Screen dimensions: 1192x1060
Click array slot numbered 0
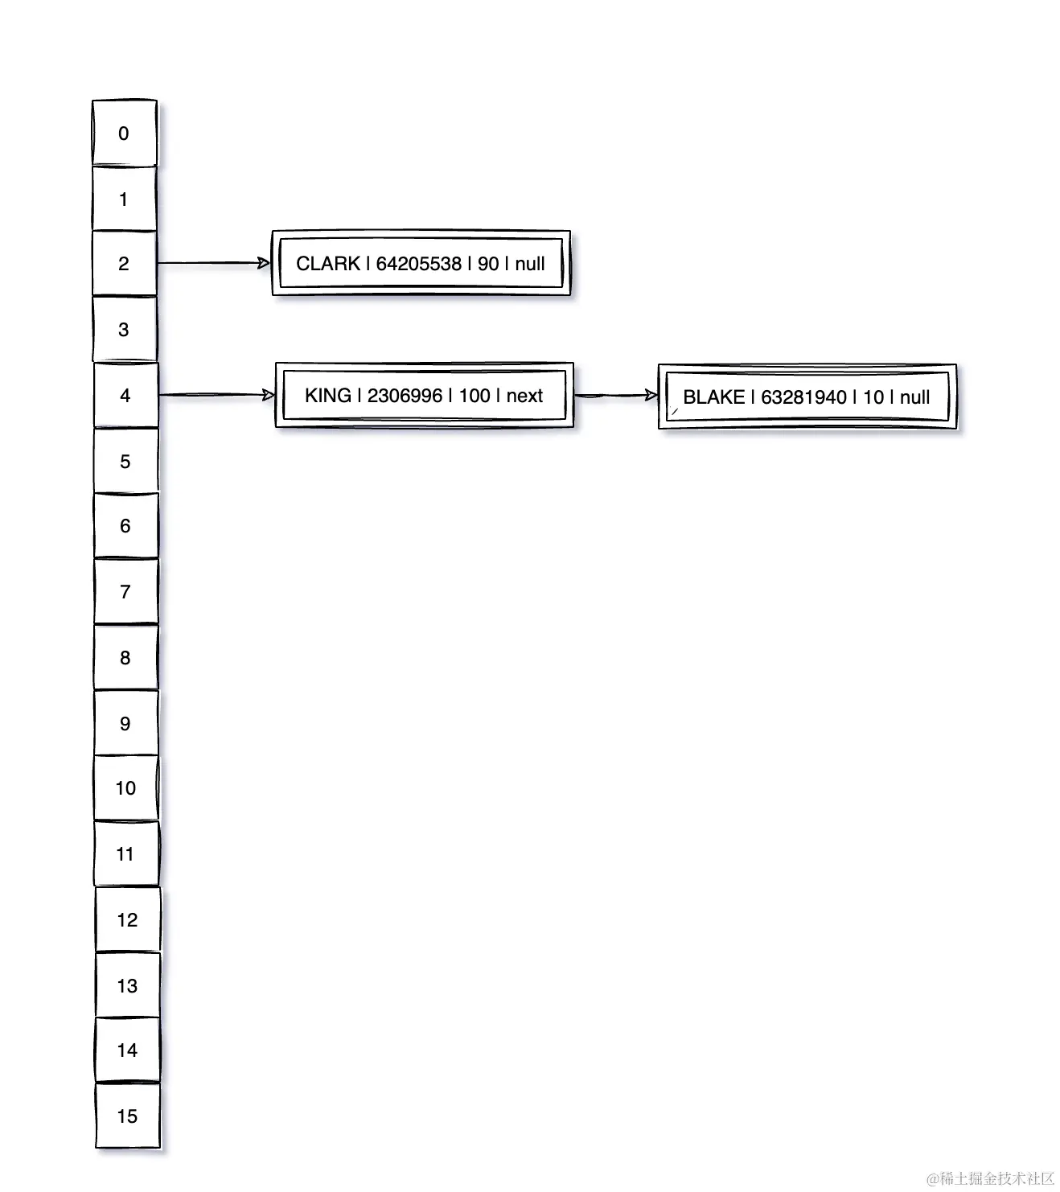[x=124, y=134]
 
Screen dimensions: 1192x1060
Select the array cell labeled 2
[x=124, y=264]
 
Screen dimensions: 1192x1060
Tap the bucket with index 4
[x=125, y=396]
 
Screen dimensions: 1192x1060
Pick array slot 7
[x=125, y=592]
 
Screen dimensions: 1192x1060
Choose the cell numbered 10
[x=126, y=788]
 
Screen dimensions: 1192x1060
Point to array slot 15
[x=127, y=1116]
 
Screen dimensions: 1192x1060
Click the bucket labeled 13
[x=127, y=986]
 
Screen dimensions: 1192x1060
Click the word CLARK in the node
[x=328, y=264]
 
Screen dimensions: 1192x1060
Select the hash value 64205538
[x=419, y=264]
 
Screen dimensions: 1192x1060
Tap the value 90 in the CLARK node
[x=488, y=264]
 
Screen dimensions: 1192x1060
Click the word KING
[x=328, y=396]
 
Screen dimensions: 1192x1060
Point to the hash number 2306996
[x=405, y=396]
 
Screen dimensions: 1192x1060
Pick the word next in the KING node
[x=524, y=396]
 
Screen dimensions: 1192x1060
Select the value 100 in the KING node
[x=475, y=396]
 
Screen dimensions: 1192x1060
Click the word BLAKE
[x=713, y=397]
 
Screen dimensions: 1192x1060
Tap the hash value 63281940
[x=803, y=397]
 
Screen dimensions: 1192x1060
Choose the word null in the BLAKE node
[x=914, y=397]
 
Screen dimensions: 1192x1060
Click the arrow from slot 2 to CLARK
[x=214, y=263]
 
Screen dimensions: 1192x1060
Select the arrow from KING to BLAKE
[x=616, y=395]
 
